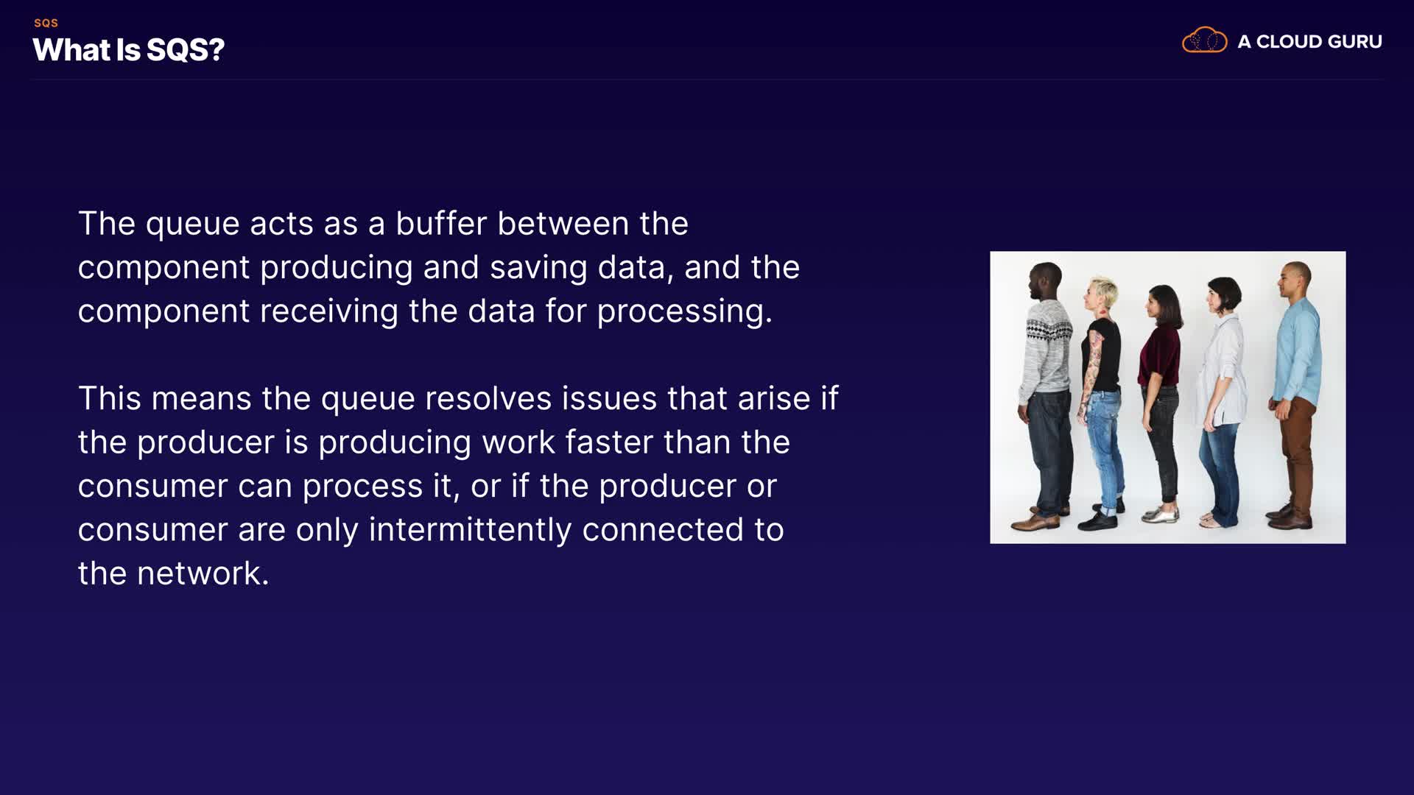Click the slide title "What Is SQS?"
[x=128, y=50]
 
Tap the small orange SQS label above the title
[x=46, y=23]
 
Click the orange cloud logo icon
[x=1204, y=40]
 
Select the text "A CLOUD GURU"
[x=1309, y=42]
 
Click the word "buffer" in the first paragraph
[x=441, y=223]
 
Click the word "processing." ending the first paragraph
[x=684, y=312]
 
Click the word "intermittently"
[x=470, y=530]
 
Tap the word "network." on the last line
[x=203, y=573]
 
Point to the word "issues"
[x=610, y=398]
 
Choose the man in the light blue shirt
[x=1294, y=395]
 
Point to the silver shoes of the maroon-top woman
[x=1161, y=513]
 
